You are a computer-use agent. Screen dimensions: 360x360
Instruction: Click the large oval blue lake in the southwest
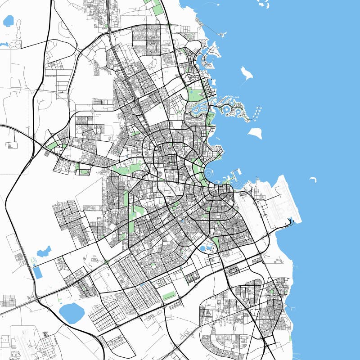(72, 313)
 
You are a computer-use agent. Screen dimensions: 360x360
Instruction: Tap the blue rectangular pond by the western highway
(38, 272)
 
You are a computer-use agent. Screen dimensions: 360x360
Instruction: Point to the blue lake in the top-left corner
(9, 20)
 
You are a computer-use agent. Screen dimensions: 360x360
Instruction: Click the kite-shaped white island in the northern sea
(246, 74)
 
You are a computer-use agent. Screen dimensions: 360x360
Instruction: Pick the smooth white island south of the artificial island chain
(255, 133)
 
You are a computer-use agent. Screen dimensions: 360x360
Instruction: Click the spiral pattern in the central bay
(209, 172)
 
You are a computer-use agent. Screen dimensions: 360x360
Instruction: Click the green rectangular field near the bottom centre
(169, 296)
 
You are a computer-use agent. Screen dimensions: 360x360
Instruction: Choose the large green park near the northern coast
(195, 94)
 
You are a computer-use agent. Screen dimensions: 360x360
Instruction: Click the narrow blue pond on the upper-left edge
(4, 45)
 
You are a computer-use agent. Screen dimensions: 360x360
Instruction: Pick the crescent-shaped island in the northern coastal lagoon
(208, 59)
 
